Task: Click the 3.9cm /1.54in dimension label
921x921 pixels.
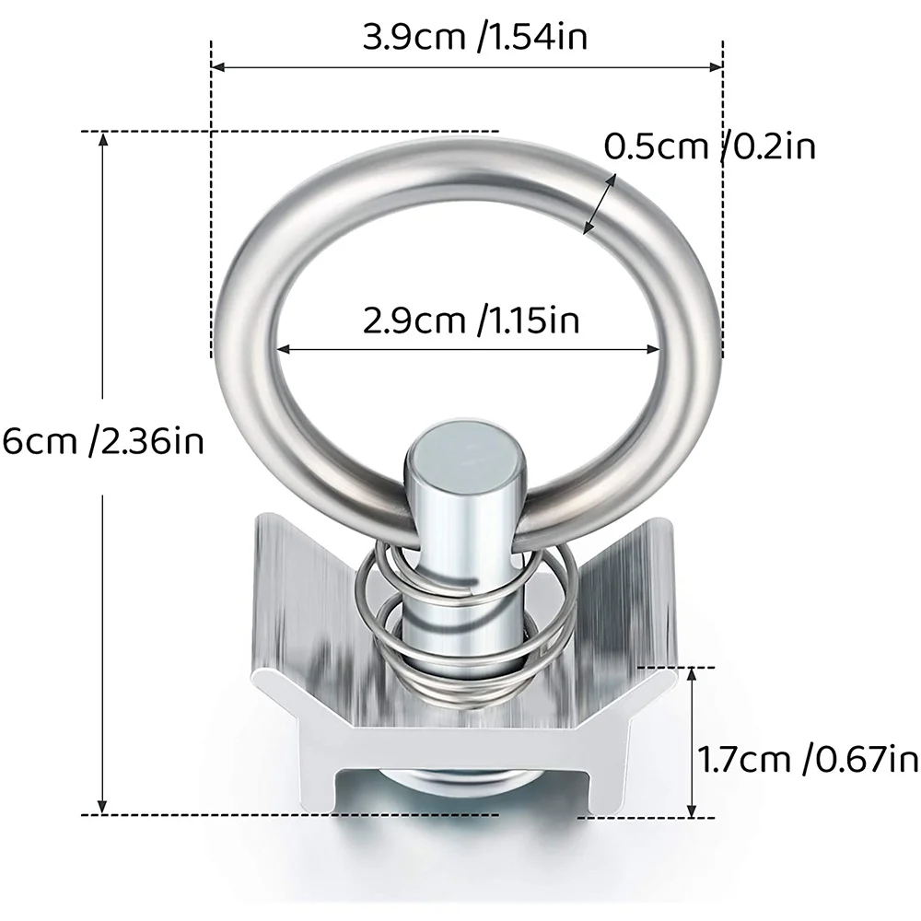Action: pos(475,38)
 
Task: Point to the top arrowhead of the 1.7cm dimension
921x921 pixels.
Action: pos(693,675)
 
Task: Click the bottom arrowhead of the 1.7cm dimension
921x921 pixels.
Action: pos(693,810)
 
